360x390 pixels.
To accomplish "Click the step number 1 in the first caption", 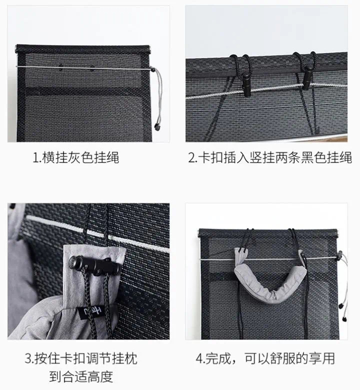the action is coord(36,158).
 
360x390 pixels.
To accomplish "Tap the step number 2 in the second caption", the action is coord(191,157).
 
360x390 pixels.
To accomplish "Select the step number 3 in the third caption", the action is coord(28,359).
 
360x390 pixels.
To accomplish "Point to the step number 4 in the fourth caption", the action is coord(199,358).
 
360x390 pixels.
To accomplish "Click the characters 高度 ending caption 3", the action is coord(100,376).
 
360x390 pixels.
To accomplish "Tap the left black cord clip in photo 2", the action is coord(247,84).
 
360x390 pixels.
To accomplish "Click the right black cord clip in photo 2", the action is coord(308,78).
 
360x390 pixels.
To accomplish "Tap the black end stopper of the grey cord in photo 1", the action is coord(157,127).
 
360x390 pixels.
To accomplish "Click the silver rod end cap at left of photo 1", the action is coord(16,49).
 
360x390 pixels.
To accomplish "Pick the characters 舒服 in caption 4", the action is coord(283,358).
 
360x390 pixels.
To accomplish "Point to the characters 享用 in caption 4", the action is coord(322,358).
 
